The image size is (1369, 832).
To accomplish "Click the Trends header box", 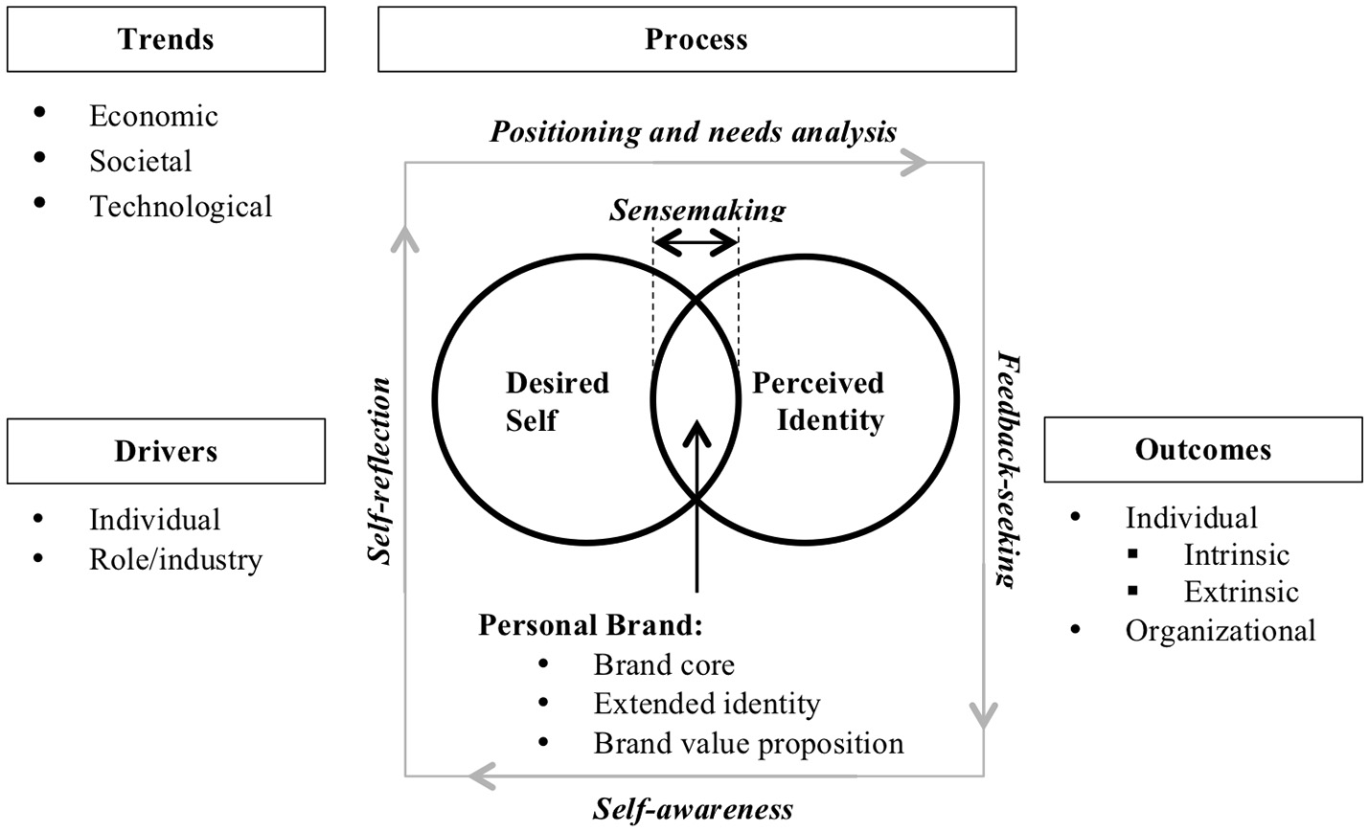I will (x=166, y=39).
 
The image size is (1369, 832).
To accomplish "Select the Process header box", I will (x=696, y=39).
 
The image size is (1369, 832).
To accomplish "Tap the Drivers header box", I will (x=166, y=451).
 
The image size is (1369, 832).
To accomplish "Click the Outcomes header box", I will (x=1202, y=449).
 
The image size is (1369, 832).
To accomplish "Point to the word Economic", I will (x=153, y=116).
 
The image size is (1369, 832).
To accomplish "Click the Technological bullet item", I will (x=180, y=206).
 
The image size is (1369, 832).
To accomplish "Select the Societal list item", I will (x=140, y=161).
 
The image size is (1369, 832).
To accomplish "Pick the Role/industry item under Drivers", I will (x=175, y=559).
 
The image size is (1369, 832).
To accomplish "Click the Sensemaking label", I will (x=697, y=210).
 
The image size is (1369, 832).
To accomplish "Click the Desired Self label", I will (x=557, y=401).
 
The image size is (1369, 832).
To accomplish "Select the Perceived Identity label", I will (x=818, y=401).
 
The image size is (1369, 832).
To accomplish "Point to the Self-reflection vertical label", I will (x=381, y=470).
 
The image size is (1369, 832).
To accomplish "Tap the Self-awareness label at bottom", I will (x=693, y=809).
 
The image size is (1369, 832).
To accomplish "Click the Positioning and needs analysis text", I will (x=694, y=131).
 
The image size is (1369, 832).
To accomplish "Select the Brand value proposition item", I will (x=747, y=743).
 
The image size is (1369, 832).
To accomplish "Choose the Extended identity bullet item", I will (x=706, y=704).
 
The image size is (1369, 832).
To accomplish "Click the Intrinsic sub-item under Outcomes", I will (x=1236, y=554).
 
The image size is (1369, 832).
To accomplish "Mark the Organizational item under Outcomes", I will (x=1220, y=630).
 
